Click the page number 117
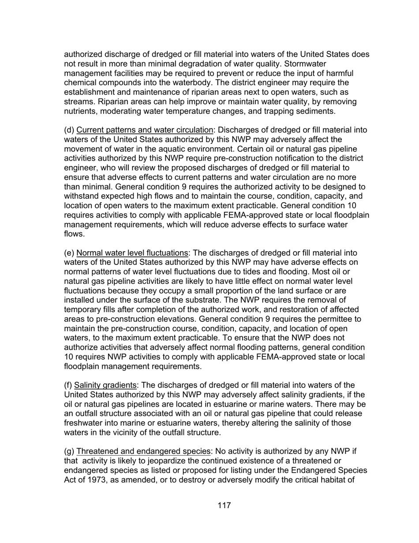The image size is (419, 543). point(224,505)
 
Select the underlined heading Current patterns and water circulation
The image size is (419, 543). point(144,130)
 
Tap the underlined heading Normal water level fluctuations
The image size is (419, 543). point(132,253)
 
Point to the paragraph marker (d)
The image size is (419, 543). point(69,130)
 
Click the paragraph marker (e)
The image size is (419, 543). point(69,253)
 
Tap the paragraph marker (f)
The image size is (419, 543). point(68,385)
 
